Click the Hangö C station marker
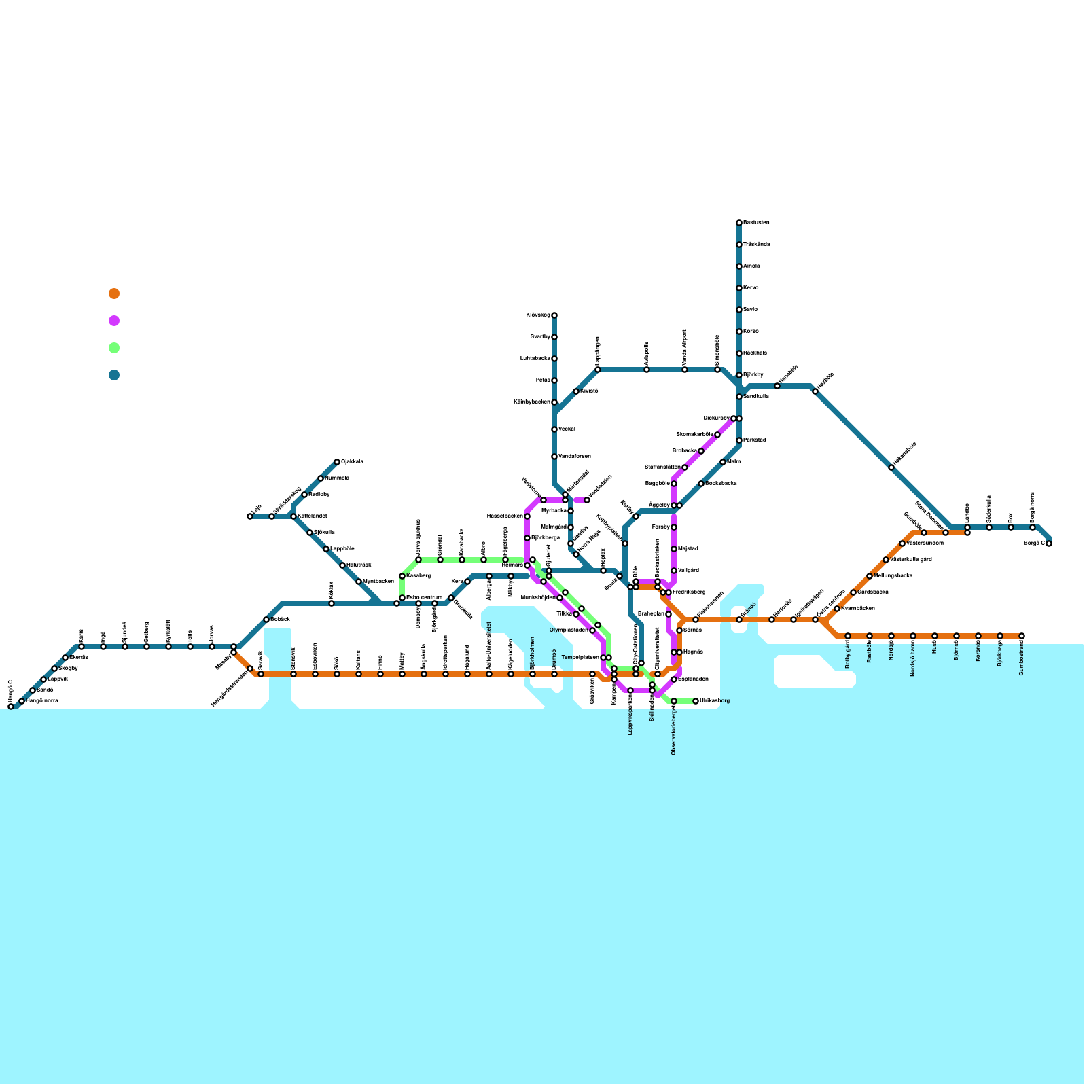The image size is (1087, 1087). point(11,707)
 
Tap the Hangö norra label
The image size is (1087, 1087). point(42,700)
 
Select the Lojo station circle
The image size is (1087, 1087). point(250,516)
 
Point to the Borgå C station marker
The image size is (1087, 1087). point(1049,543)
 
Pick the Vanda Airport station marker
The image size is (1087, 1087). point(685,370)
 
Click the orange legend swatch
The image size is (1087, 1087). point(114,293)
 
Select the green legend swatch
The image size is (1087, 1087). point(114,348)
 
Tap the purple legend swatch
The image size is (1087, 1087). point(114,321)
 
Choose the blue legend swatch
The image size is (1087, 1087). point(114,375)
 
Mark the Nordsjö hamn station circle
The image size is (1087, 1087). point(913,636)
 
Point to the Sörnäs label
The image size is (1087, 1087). point(692,630)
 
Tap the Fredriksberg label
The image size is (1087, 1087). point(689,592)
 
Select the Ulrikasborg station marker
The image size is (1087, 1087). point(696,701)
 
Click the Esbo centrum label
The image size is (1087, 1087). point(424,597)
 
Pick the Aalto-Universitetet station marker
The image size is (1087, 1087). point(489,674)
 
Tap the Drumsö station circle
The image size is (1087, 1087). point(554,674)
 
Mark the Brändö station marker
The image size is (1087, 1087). point(739,620)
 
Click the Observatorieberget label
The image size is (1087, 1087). point(673,731)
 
